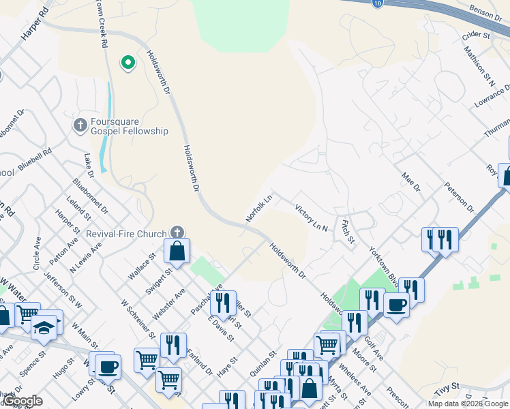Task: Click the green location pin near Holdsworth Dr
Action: tap(127, 63)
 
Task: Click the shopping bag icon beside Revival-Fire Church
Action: tap(177, 252)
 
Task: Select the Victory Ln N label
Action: tap(312, 216)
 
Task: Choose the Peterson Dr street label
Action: tap(458, 195)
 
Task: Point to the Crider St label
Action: tap(477, 33)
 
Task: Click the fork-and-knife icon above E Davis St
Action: tap(223, 302)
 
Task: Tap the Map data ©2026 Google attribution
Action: tap(468, 404)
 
